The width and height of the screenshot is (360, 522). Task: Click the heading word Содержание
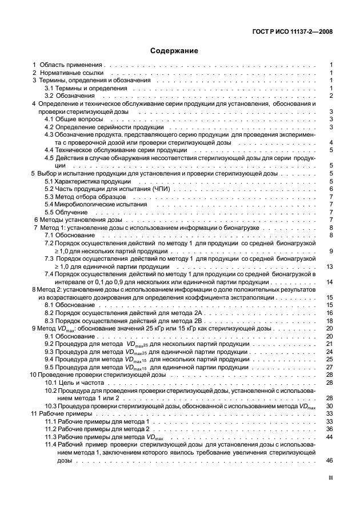(174, 51)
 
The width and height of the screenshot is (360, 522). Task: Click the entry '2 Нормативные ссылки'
(68, 74)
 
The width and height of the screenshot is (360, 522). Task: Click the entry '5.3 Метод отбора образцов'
(86, 196)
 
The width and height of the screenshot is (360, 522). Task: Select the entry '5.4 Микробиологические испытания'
(96, 204)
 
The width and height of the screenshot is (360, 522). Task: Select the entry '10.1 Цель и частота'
(77, 382)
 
